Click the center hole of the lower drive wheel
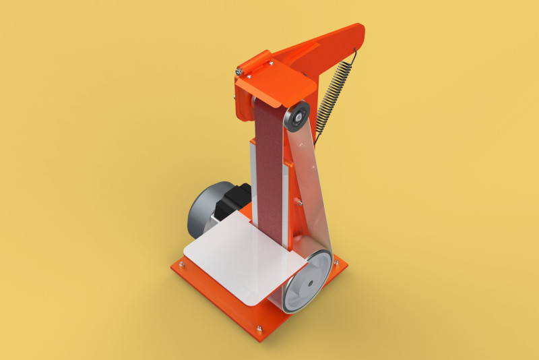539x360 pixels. [309, 283]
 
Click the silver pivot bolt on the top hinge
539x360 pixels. [239, 70]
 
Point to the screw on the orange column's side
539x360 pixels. [296, 200]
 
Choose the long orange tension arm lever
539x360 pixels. [330, 47]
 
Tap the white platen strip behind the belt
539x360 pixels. [253, 182]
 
